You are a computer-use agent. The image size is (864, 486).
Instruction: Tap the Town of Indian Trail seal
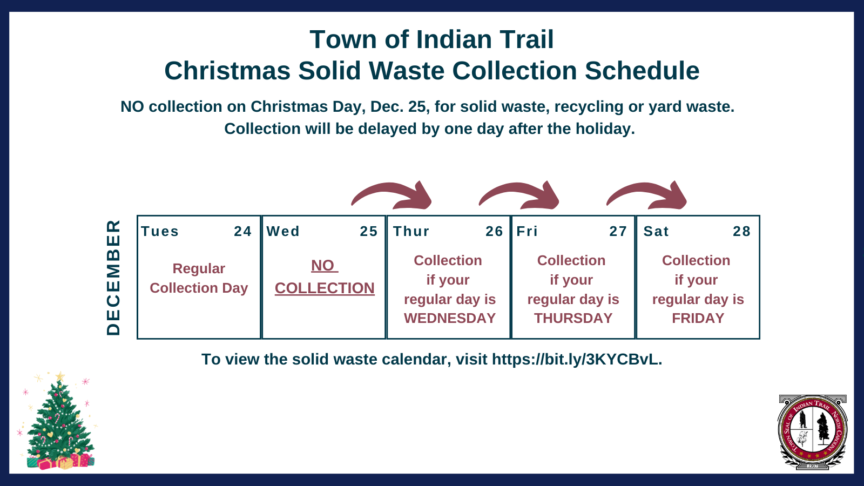coord(812,432)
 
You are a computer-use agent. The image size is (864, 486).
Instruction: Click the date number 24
coord(242,232)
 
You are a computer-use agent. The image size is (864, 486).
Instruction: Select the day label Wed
coord(283,232)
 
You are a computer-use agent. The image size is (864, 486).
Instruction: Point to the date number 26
coord(494,232)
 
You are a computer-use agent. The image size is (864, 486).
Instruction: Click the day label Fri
coord(527,232)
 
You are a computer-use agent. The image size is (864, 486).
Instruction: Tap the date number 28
coord(741,232)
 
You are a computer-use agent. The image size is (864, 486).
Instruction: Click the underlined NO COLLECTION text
coord(325,278)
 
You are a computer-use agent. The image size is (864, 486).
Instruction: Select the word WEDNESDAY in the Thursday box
coord(449,319)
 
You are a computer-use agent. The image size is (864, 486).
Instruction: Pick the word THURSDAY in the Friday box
coord(573,319)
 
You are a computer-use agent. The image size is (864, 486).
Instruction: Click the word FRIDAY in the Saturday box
coord(698,319)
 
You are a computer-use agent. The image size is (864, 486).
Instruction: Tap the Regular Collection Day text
coord(199,279)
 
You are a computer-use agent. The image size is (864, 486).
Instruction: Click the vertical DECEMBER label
coord(113,277)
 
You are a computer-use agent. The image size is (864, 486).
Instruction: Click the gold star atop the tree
coord(60,376)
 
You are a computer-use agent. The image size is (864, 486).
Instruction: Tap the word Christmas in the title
coord(227,71)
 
